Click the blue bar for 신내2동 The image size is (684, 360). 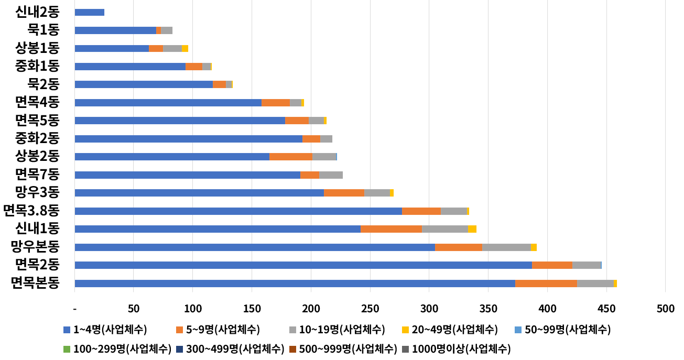(90, 13)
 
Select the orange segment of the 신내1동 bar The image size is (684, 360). (391, 229)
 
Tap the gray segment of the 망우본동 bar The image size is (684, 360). (506, 247)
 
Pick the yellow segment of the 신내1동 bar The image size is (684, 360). (472, 229)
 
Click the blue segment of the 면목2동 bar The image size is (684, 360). (303, 265)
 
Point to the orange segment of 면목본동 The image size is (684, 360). (546, 283)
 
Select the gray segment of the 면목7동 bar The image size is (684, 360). (331, 175)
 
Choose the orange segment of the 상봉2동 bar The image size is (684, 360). (290, 157)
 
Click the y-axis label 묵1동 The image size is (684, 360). (44, 29)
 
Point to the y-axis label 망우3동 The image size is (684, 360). (37, 192)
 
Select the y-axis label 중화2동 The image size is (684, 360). (37, 138)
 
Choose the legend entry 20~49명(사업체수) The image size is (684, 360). (449, 330)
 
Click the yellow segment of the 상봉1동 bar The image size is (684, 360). (185, 49)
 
